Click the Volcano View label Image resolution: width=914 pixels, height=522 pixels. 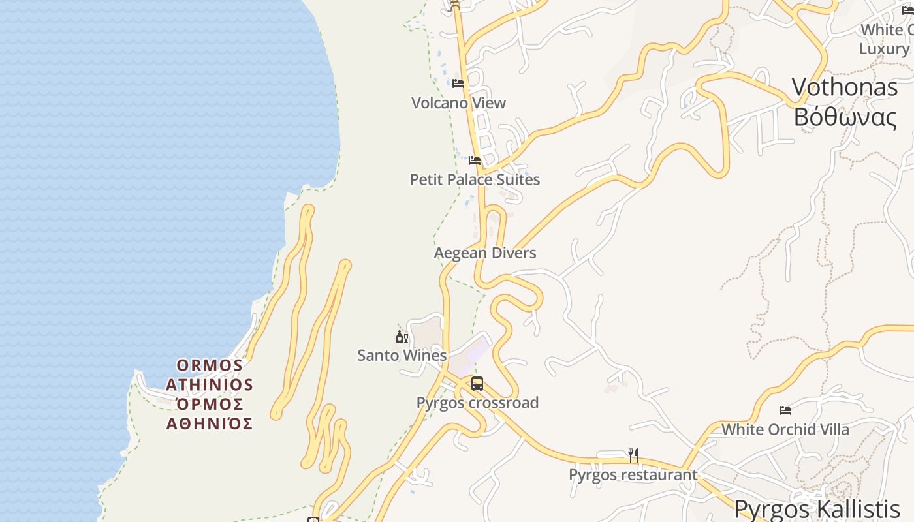458,103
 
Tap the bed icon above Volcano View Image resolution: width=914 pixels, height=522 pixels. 458,84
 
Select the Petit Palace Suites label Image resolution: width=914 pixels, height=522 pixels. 475,179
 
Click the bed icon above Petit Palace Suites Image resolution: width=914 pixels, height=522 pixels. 475,161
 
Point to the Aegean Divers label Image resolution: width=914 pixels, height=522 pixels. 485,253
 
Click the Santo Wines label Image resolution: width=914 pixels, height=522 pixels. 402,356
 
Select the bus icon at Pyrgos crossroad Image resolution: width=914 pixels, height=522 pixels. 477,384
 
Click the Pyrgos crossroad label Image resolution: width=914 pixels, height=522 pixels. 478,403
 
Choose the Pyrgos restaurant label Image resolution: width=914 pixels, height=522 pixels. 633,474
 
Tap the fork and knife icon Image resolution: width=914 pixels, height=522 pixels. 633,455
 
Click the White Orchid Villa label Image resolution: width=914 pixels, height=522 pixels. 785,429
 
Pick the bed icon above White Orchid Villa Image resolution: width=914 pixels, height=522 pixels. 785,410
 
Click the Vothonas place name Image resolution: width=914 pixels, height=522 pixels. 845,87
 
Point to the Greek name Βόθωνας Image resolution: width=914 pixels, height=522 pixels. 845,117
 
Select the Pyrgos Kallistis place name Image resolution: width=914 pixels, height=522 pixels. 817,508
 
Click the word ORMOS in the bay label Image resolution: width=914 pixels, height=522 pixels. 210,365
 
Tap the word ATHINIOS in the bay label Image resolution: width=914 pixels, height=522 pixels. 210,385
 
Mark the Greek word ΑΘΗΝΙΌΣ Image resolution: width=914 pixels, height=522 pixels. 210,424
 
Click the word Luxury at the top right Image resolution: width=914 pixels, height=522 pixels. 883,49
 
